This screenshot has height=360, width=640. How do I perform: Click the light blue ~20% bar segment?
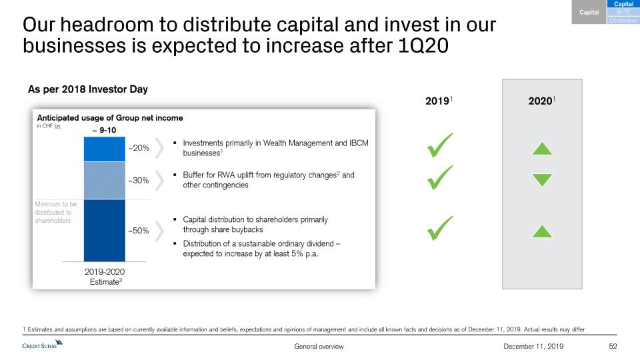coord(105,149)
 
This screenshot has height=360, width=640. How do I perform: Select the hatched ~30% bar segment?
coord(105,181)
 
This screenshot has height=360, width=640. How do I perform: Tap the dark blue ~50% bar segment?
coord(105,231)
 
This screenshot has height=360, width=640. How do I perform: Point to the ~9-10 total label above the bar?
coord(105,130)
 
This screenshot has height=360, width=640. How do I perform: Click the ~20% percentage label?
coord(139,148)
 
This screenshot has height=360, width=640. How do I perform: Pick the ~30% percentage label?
coord(139,181)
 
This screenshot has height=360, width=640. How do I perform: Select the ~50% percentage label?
coord(139,231)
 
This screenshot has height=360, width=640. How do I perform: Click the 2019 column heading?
coord(439,101)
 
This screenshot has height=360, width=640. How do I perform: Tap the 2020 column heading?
coord(541,101)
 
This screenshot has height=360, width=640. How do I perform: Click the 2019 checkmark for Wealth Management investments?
coord(439,145)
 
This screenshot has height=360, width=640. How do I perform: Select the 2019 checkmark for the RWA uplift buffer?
coord(439,177)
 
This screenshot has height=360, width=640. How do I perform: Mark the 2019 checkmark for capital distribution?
coord(439,228)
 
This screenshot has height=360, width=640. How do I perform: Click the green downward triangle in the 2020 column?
coord(542,180)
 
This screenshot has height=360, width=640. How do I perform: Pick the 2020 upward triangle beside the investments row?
coord(542,149)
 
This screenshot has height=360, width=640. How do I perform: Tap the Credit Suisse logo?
coord(42,345)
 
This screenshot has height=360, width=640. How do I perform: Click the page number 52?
coord(613,346)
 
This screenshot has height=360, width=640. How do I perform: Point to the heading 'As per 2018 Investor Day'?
coord(88,89)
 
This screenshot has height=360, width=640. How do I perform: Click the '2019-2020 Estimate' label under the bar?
coord(105,277)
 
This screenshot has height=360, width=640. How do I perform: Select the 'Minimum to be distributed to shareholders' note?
coord(55,212)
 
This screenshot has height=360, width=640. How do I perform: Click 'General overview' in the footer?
coord(319,347)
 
